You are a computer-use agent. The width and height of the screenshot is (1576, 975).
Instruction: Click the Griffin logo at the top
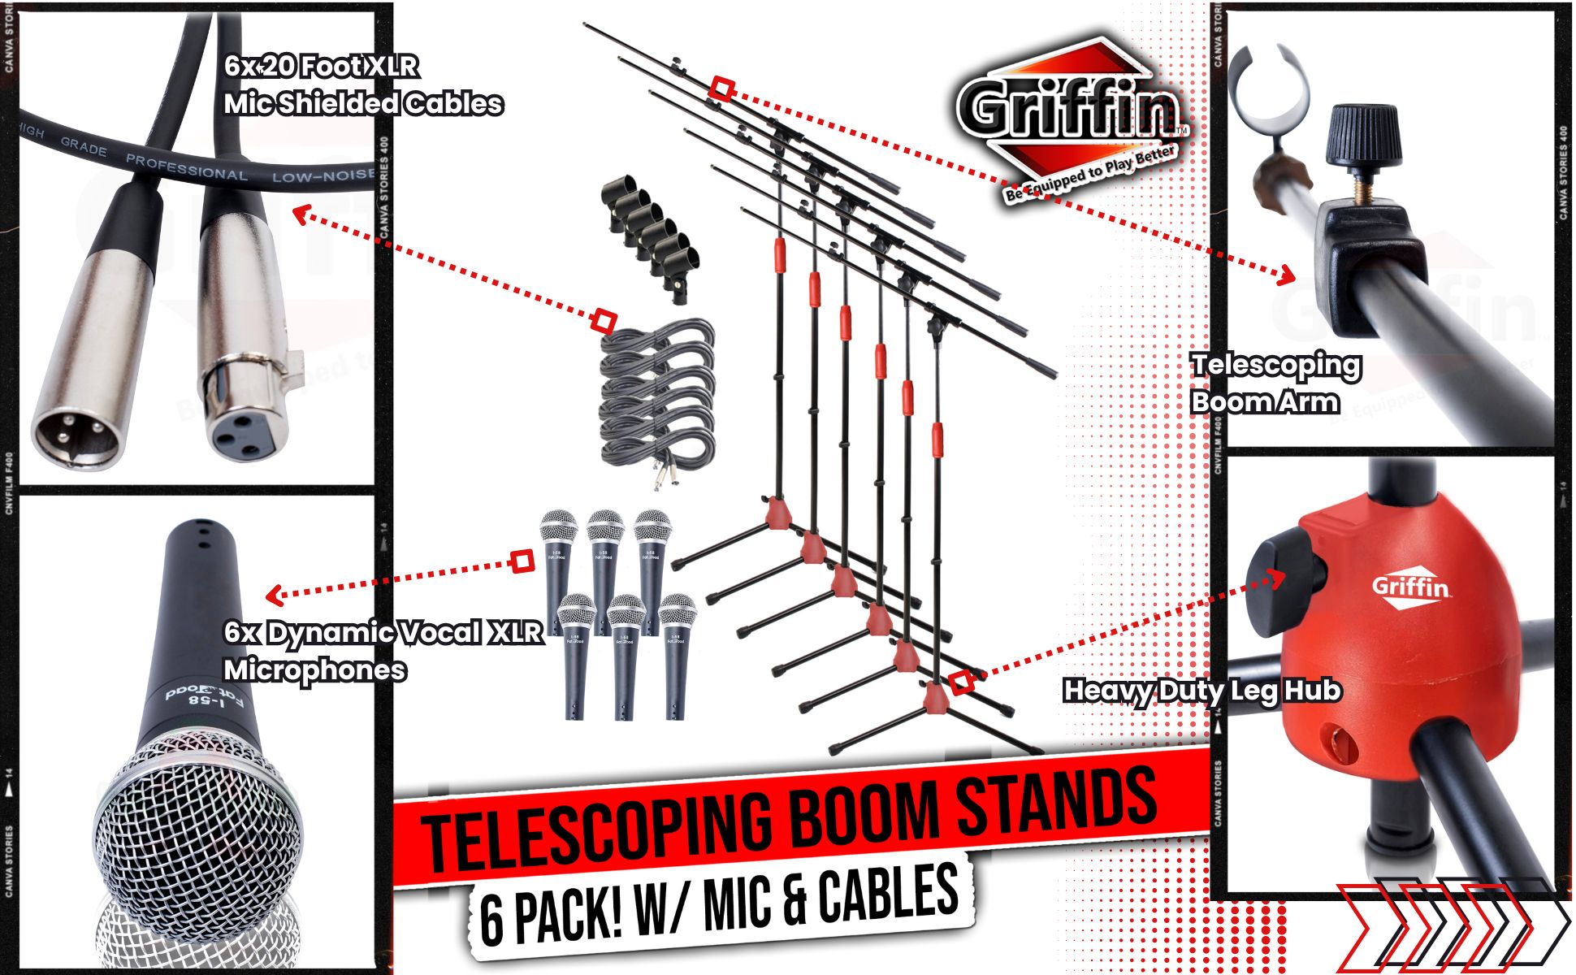click(1071, 114)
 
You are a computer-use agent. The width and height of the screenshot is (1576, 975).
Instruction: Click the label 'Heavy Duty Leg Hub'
click(1201, 691)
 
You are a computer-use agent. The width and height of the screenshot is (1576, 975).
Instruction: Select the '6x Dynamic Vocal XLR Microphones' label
click(382, 650)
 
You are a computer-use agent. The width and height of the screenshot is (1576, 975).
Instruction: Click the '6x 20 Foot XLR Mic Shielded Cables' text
click(362, 84)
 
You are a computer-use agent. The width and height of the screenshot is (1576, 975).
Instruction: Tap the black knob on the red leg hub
click(1275, 578)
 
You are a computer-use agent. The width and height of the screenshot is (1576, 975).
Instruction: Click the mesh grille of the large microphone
click(195, 821)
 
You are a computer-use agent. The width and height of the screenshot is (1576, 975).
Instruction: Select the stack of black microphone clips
click(646, 236)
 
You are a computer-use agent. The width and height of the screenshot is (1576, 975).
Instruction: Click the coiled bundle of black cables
click(656, 398)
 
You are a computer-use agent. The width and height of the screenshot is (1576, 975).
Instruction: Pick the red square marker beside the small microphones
click(522, 561)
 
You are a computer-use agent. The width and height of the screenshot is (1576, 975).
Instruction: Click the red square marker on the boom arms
click(721, 89)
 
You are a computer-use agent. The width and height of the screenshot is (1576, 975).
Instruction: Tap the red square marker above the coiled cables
click(603, 321)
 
